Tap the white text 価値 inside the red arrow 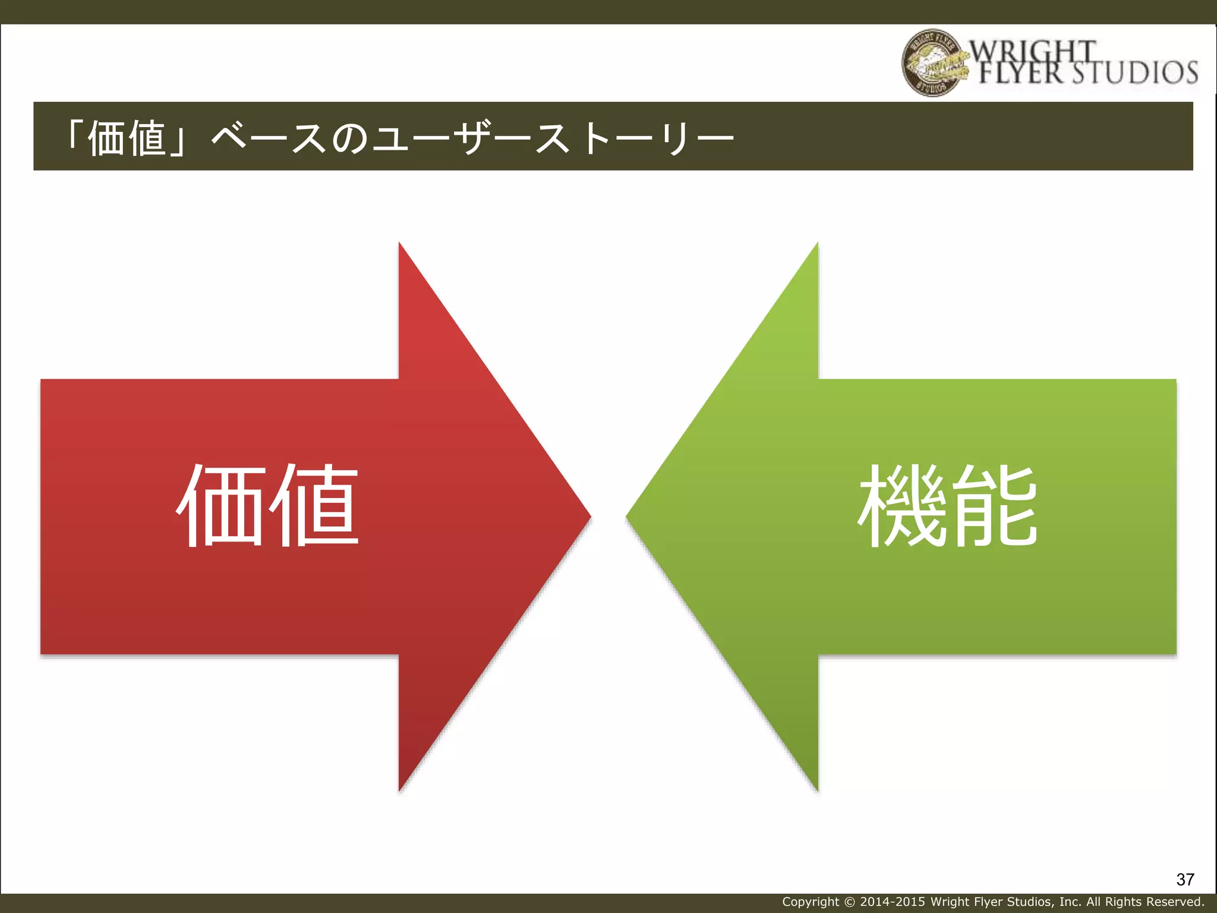click(x=268, y=506)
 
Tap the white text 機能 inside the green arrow click(x=947, y=506)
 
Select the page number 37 click(x=1185, y=879)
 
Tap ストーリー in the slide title click(x=635, y=138)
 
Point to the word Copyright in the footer click(x=811, y=902)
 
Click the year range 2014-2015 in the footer click(x=893, y=902)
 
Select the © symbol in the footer click(x=849, y=902)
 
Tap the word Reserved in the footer click(x=1176, y=902)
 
